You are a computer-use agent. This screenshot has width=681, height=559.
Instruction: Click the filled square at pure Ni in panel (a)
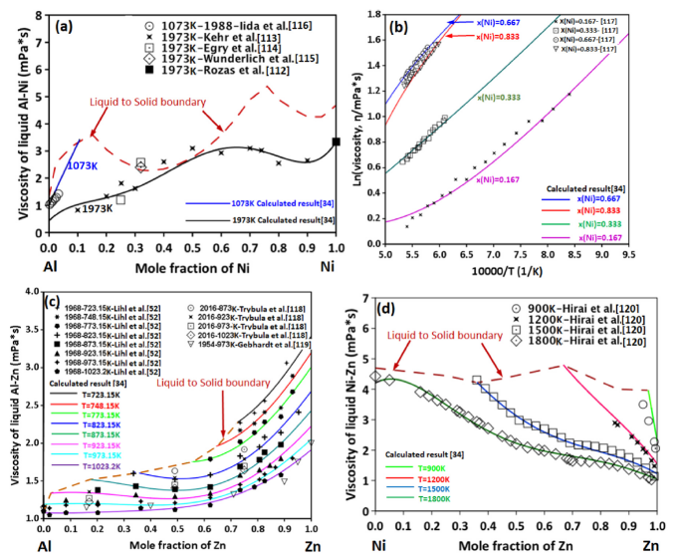point(336,141)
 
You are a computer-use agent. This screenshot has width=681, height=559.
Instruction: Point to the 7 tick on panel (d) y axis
point(364,298)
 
